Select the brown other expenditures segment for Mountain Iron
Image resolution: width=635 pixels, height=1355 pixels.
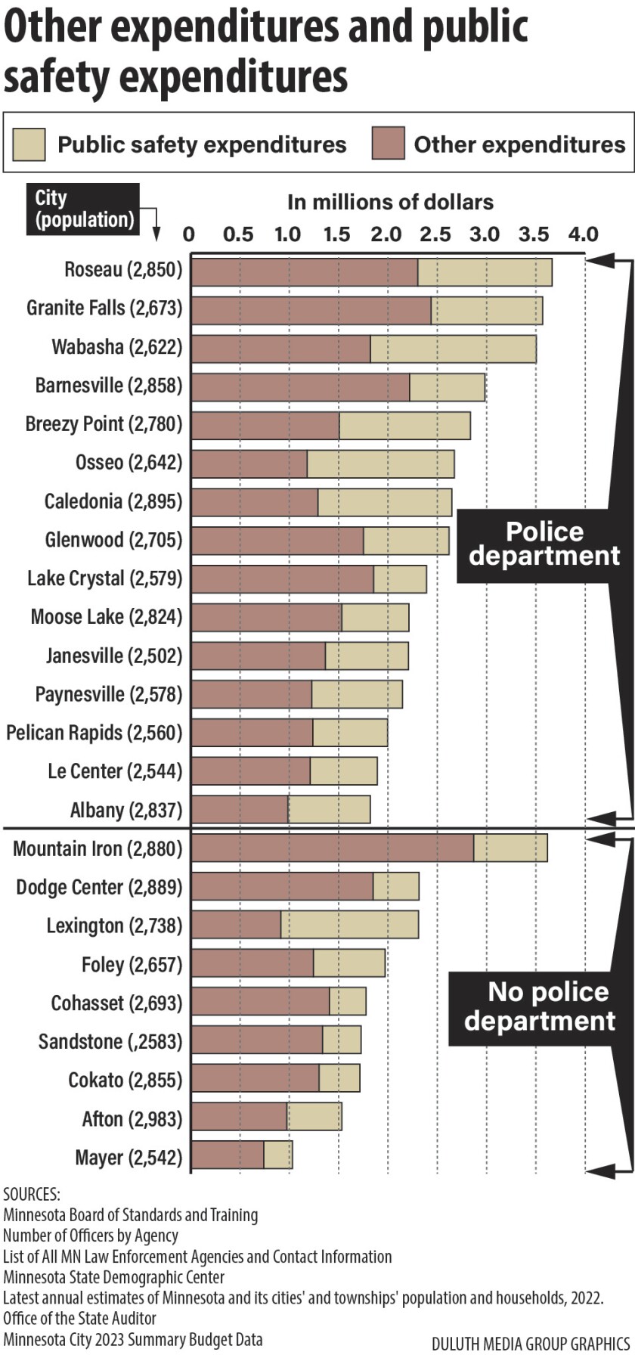pyautogui.click(x=333, y=848)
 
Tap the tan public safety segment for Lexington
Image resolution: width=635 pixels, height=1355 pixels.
pyautogui.click(x=349, y=925)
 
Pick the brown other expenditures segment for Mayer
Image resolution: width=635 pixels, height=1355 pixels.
pyautogui.click(x=228, y=1155)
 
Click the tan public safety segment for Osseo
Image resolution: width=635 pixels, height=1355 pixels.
pyautogui.click(x=380, y=464)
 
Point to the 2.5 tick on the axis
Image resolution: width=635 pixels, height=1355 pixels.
pyautogui.click(x=435, y=234)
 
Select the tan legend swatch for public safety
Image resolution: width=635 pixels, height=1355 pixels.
pyautogui.click(x=29, y=144)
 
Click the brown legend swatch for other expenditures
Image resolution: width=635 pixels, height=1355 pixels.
pyautogui.click(x=388, y=144)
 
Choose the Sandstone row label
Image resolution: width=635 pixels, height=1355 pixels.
pyautogui.click(x=110, y=1041)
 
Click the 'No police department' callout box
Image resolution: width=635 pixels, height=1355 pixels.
pyautogui.click(x=540, y=1006)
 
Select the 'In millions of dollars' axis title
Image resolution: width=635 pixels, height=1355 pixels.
pyautogui.click(x=390, y=202)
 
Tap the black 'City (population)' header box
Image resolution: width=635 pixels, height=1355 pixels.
pyautogui.click(x=83, y=209)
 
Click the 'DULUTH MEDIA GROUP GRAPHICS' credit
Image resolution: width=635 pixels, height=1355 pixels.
pyautogui.click(x=530, y=1343)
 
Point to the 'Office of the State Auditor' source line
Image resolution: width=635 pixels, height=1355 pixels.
pyautogui.click(x=79, y=1318)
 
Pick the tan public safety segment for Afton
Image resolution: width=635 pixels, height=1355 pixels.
pyautogui.click(x=314, y=1117)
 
